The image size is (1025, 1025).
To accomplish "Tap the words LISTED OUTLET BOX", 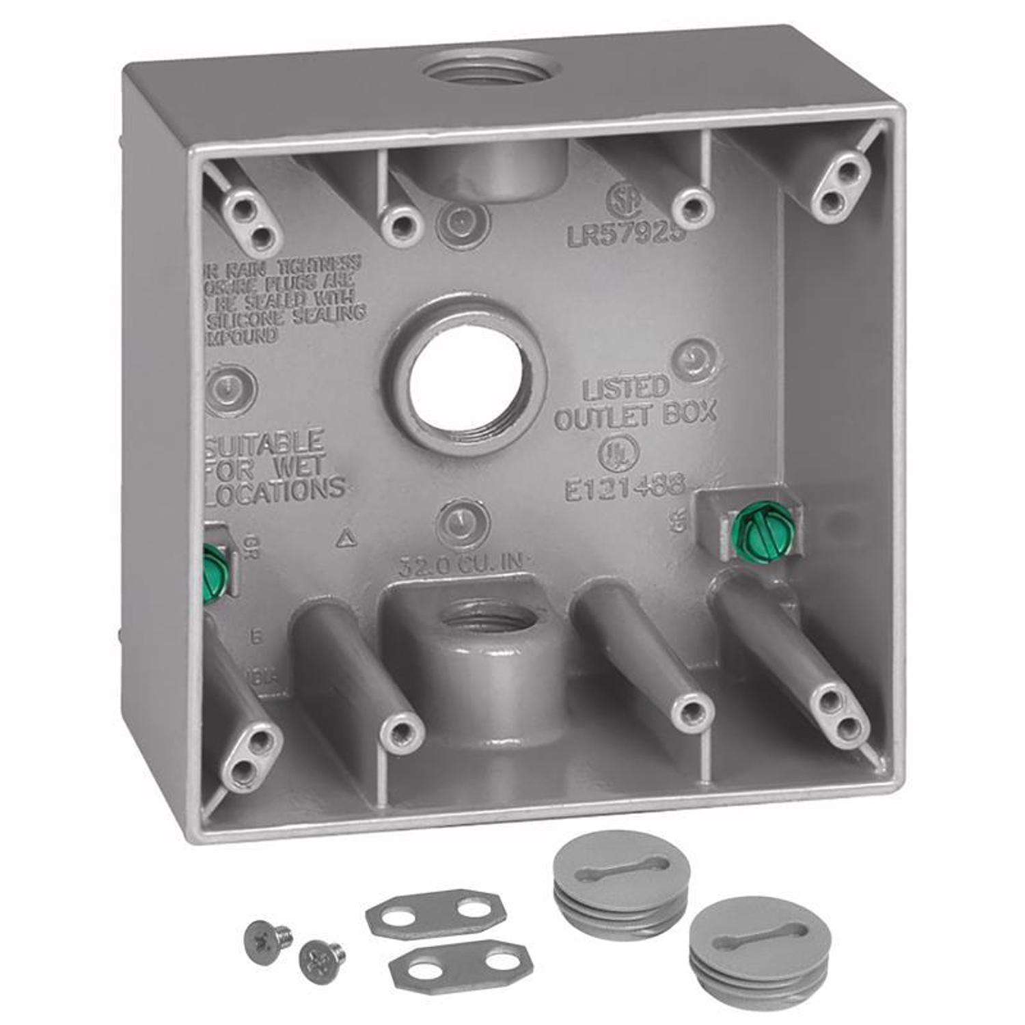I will coord(633,402).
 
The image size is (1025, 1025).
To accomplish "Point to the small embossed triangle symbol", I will coord(348,539).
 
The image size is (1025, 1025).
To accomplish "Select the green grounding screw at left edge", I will coord(216,573).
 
